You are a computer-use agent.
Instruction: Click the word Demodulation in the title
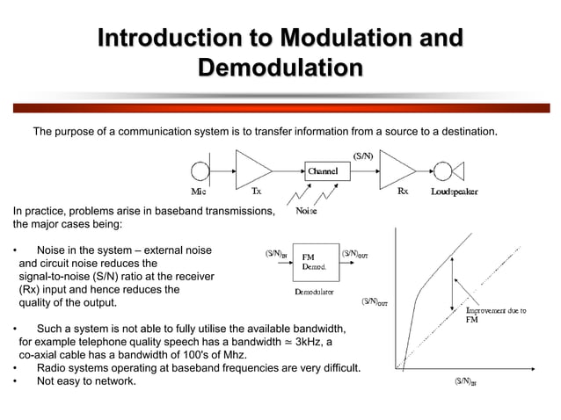(x=280, y=69)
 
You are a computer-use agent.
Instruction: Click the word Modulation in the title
(x=348, y=40)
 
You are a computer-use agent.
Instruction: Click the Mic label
(x=200, y=191)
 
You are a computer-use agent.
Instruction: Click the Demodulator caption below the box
(x=314, y=290)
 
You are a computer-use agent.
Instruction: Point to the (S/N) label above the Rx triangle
(x=363, y=156)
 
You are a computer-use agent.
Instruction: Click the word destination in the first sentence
(x=467, y=133)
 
